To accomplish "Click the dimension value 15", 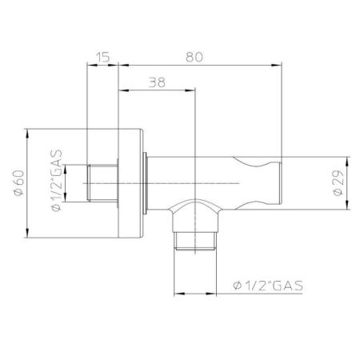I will click(102, 57).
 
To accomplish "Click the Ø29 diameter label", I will click(338, 182).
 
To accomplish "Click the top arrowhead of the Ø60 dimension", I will click(30, 130).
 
